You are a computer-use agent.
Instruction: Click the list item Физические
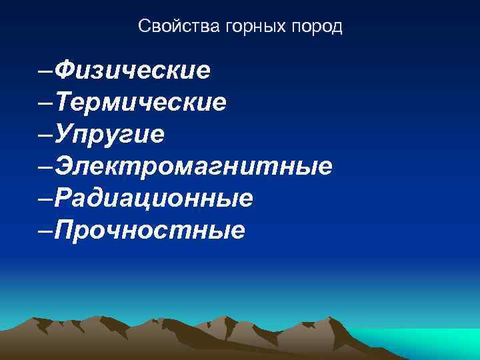pos(133,69)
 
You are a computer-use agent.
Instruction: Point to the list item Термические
pos(141,102)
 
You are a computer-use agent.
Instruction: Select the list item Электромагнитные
pos(193,166)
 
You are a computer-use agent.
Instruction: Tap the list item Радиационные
pos(154,198)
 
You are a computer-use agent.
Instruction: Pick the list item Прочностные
pos(150,230)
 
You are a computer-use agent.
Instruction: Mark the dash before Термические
pos(47,103)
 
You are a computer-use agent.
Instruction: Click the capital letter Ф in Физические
pos(66,69)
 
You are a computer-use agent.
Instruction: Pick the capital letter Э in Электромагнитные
pos(65,166)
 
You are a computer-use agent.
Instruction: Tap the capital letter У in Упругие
pos(65,134)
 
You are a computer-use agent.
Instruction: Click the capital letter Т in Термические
pos(65,102)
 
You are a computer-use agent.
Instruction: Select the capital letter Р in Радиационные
pos(64,198)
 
